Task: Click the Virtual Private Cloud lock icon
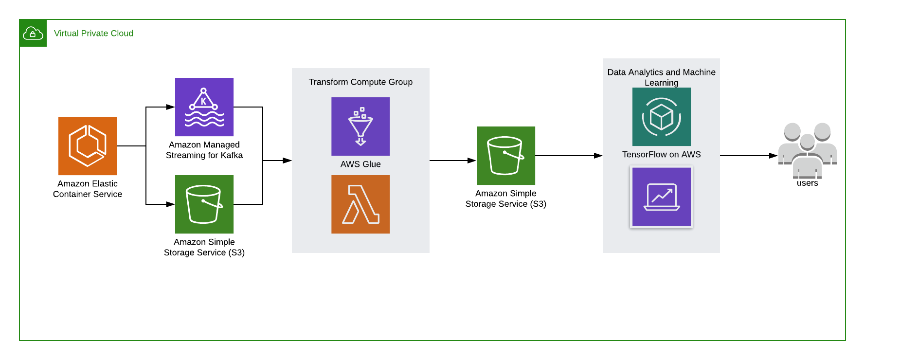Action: (33, 33)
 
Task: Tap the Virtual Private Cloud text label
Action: (93, 33)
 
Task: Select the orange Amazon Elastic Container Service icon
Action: (88, 146)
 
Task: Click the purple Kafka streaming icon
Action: (204, 107)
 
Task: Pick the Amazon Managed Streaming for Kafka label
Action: (204, 150)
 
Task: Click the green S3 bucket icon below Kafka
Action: (204, 204)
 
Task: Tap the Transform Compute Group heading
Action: (360, 82)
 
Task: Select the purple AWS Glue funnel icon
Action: (360, 126)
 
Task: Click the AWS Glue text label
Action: (360, 164)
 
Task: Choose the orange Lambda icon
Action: (360, 204)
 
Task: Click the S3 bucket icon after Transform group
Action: (506, 156)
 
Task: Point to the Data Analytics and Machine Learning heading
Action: (661, 77)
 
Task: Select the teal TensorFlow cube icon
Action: (662, 117)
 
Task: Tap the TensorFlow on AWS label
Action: (661, 154)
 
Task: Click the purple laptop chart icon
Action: (662, 197)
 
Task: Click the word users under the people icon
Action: (807, 183)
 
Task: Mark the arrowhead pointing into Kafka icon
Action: (170, 107)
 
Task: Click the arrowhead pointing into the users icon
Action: (773, 156)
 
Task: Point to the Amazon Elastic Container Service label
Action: (88, 189)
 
